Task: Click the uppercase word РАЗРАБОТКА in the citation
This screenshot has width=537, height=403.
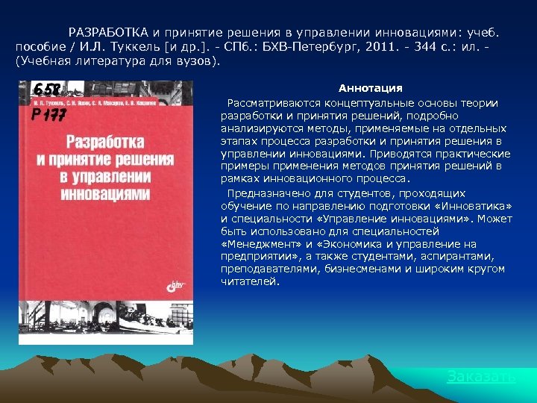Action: click(109, 33)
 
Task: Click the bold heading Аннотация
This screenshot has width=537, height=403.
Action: click(370, 89)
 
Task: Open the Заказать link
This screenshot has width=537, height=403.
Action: click(481, 377)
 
